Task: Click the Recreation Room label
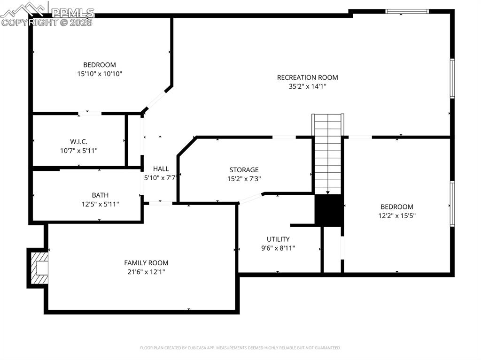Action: click(307, 77)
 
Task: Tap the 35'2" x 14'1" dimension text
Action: click(307, 86)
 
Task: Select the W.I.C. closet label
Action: click(78, 142)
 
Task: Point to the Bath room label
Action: click(100, 195)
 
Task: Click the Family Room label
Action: click(146, 263)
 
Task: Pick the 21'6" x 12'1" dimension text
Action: click(146, 272)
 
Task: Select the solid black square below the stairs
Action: click(328, 210)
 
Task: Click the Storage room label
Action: click(244, 170)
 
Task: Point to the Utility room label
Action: click(278, 239)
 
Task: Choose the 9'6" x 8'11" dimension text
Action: click(278, 248)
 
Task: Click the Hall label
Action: click(161, 169)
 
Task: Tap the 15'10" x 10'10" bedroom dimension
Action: click(100, 74)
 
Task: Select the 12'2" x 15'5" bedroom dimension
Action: click(397, 216)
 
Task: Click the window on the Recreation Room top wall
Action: click(407, 11)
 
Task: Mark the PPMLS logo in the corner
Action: click(47, 14)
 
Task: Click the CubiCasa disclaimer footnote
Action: click(240, 348)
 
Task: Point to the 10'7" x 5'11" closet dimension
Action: click(78, 151)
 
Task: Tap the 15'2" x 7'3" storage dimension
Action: click(244, 179)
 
